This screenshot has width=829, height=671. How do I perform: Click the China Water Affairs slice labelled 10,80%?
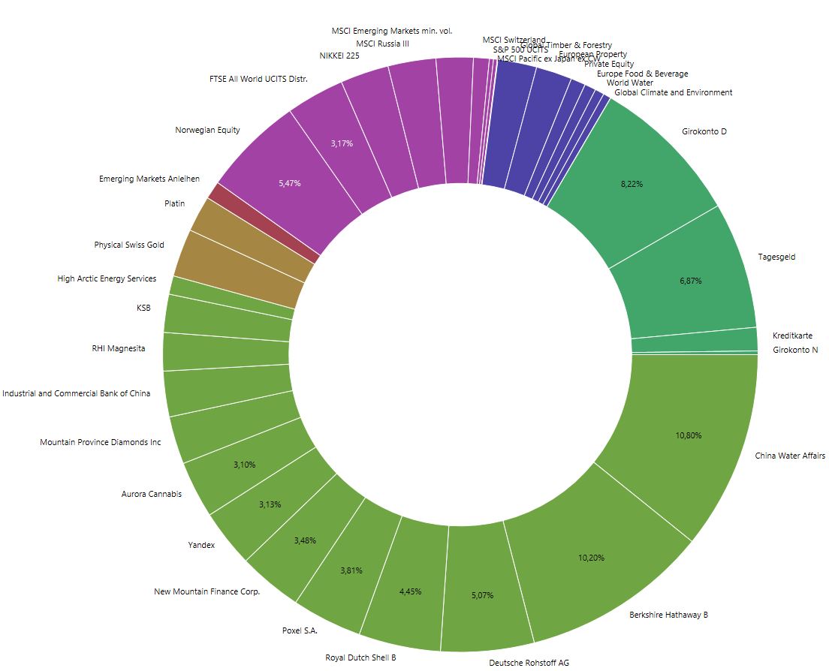(x=689, y=435)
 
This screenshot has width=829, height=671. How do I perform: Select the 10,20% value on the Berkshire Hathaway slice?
(x=592, y=558)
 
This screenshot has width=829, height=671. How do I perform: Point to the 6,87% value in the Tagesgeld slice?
(x=691, y=281)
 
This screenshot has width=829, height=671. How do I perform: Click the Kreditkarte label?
(x=792, y=335)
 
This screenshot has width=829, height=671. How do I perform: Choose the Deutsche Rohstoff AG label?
(x=529, y=663)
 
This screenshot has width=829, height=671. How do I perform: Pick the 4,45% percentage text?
(x=410, y=591)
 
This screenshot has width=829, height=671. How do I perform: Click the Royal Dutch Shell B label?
(x=360, y=658)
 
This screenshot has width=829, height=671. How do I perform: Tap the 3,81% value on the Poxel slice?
(x=351, y=570)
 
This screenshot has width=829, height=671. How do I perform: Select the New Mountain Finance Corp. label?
(x=206, y=591)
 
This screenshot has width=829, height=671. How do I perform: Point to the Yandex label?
(x=201, y=545)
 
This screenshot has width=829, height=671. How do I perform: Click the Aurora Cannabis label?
(x=151, y=494)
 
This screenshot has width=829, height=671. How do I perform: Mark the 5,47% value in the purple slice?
(x=288, y=183)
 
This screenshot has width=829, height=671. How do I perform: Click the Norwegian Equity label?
(x=207, y=130)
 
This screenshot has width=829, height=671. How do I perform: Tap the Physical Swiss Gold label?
(x=128, y=245)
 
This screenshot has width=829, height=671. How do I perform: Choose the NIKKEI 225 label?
(x=339, y=56)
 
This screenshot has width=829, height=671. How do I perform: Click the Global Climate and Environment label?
(x=673, y=92)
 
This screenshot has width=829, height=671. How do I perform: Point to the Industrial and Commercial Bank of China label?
(x=76, y=393)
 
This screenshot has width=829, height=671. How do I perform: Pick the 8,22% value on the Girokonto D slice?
(x=632, y=184)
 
